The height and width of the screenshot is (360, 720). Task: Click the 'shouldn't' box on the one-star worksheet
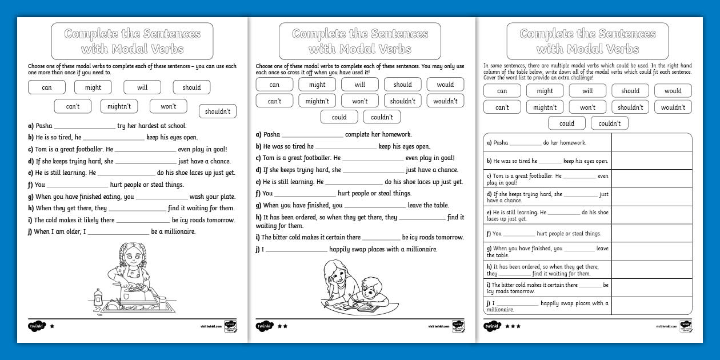click(x=217, y=111)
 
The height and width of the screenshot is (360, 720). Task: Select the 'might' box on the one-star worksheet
click(x=93, y=87)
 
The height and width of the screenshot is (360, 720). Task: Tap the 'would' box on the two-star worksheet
click(x=445, y=85)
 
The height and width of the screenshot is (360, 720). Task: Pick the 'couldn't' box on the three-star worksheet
click(x=609, y=123)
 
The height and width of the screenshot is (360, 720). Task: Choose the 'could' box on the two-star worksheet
click(x=339, y=117)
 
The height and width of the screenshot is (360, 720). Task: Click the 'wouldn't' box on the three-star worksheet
click(x=673, y=107)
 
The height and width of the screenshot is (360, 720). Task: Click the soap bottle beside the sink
click(x=98, y=297)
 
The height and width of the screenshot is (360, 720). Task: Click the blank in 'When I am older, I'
click(x=118, y=232)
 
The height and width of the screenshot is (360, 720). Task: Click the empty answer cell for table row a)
click(x=651, y=143)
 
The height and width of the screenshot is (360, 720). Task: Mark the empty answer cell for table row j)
click(x=651, y=306)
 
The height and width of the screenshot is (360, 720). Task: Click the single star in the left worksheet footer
click(x=52, y=326)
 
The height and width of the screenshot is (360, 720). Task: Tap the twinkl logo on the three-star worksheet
click(x=492, y=326)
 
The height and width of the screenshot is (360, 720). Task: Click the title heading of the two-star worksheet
click(x=360, y=41)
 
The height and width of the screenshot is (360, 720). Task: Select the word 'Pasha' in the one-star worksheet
click(x=43, y=126)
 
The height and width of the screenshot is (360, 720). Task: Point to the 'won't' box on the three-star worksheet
click(x=587, y=107)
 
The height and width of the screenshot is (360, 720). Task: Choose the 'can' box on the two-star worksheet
click(x=274, y=85)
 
